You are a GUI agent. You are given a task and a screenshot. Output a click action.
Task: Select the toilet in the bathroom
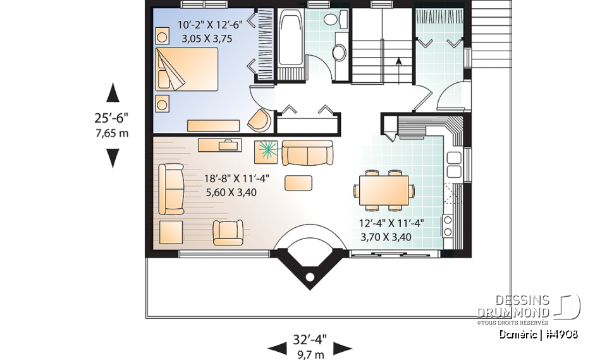(x=331, y=21)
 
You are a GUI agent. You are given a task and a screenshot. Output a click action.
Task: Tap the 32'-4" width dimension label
(x=310, y=337)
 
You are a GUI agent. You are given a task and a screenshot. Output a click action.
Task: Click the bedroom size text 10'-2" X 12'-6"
(x=200, y=26)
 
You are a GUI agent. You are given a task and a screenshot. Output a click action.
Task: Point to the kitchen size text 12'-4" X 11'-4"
(x=391, y=223)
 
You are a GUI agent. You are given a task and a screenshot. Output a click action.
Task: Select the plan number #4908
(x=560, y=334)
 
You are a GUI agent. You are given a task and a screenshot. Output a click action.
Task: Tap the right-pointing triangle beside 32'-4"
(x=343, y=347)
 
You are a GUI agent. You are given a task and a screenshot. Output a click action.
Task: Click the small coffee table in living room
(x=298, y=183)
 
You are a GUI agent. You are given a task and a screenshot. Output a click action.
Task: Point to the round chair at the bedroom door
(x=259, y=119)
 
